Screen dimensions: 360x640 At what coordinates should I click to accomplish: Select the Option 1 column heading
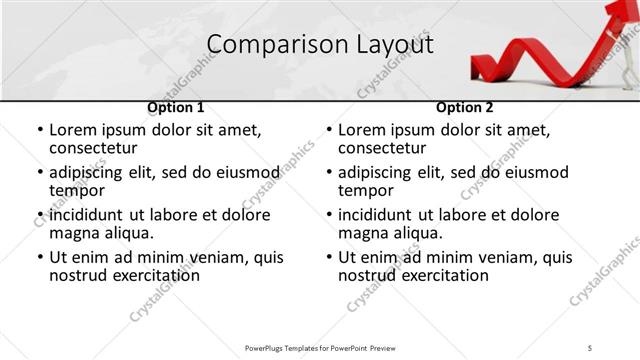(176, 108)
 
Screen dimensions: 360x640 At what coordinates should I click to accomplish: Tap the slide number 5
(591, 347)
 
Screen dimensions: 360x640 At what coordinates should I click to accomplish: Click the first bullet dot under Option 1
(40, 131)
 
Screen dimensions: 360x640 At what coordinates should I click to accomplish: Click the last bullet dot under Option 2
(329, 257)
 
